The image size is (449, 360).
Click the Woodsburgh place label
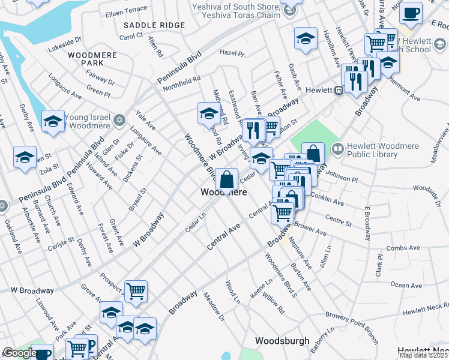282,341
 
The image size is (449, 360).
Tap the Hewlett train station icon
339,90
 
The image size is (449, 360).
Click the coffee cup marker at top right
411,13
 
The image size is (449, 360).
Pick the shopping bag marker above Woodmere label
227,178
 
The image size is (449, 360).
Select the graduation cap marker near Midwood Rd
209,113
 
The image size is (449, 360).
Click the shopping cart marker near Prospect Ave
136,291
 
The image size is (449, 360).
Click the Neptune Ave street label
300,253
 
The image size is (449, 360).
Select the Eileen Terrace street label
126,10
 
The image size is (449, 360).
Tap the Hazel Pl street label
232,53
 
